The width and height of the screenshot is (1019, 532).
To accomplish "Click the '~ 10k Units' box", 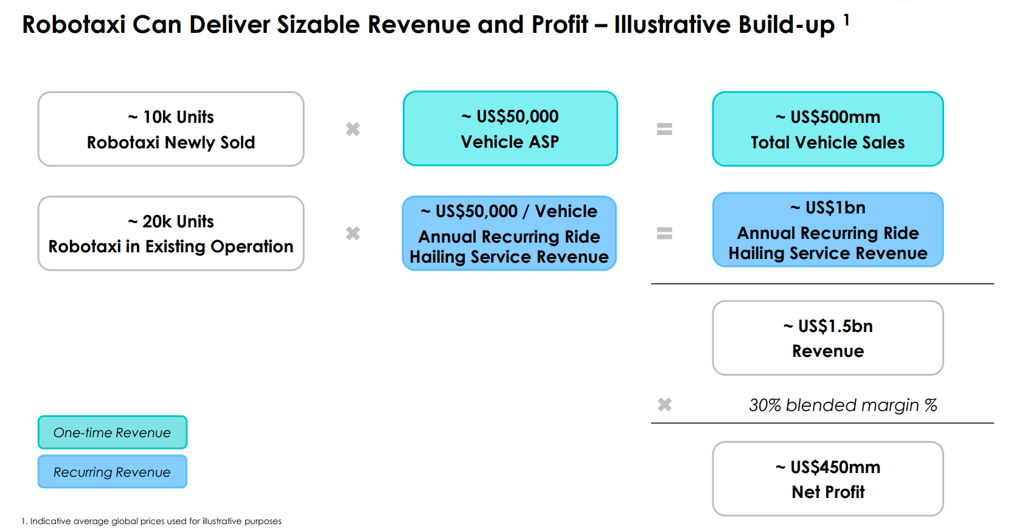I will [x=170, y=129].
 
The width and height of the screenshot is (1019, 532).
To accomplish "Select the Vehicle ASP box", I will [x=510, y=129].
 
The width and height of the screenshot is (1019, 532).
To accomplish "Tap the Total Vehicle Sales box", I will [x=827, y=129].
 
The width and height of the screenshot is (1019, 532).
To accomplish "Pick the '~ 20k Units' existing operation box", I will [x=170, y=233].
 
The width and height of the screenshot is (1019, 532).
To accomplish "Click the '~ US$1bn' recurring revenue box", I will [x=827, y=230].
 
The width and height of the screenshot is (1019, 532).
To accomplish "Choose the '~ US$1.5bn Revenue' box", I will [x=827, y=338].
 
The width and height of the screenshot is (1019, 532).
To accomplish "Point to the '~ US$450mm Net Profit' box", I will [x=827, y=479].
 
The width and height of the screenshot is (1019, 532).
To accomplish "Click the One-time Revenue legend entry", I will [x=112, y=432].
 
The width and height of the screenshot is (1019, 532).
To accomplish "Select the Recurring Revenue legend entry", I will [x=112, y=472].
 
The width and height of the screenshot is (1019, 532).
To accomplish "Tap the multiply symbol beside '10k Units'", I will [x=353, y=129].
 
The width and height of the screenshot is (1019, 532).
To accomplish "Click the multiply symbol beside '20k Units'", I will [x=353, y=233].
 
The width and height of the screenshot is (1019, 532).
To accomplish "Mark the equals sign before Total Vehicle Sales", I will [x=664, y=129].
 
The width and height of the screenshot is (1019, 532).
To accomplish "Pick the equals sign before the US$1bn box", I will [x=664, y=233].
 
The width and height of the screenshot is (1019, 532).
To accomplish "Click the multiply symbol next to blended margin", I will [x=664, y=405].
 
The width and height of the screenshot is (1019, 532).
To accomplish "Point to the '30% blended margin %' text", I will [x=843, y=405].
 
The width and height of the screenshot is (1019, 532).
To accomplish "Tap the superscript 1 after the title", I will [x=846, y=21].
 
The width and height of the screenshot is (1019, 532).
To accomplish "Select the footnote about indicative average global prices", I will [x=151, y=521].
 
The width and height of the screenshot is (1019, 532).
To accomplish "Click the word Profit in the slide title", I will [x=559, y=25].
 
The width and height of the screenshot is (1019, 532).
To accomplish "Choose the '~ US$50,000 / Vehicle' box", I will [x=509, y=233].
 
